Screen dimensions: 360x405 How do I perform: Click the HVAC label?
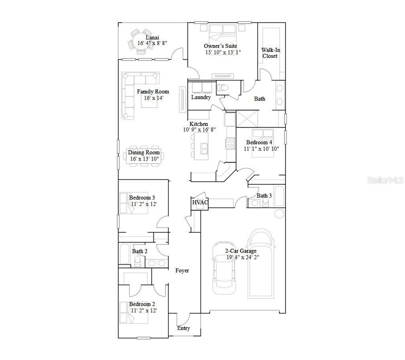[x=200, y=203]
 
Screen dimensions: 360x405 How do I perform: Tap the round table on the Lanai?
[x=140, y=43]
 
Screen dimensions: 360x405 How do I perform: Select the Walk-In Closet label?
[x=270, y=53]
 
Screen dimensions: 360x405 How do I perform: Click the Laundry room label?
[x=201, y=97]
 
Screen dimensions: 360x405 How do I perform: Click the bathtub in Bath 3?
[x=279, y=196]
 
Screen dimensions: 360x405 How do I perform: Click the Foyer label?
[x=182, y=271]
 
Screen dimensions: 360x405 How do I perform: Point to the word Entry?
[x=184, y=328]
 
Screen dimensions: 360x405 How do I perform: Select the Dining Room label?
[x=144, y=152]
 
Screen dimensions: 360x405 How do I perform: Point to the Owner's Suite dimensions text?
[x=223, y=52]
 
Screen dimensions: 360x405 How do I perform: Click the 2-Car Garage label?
[x=241, y=251]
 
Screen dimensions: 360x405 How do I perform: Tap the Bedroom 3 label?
[x=142, y=198]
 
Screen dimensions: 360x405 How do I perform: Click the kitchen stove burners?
[x=230, y=143]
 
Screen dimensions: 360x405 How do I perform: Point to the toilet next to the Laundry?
[x=223, y=87]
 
